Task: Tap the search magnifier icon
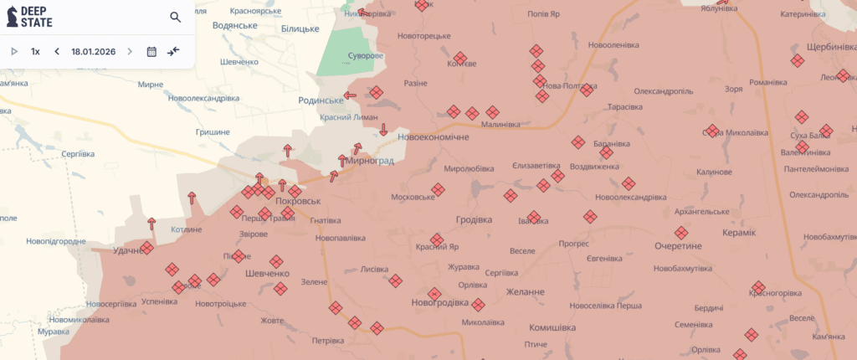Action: pos(175,17)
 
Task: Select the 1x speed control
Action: pos(35,51)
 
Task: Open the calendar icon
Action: pos(151,51)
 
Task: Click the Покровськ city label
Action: pos(298,202)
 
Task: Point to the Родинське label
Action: pos(321,100)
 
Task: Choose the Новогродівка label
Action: pos(440,302)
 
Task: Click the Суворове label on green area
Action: pos(366,56)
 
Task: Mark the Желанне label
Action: pos(526,291)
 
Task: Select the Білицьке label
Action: pos(300,28)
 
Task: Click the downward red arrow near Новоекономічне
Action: pos(383,129)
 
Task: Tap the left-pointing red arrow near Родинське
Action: pos(350,95)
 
